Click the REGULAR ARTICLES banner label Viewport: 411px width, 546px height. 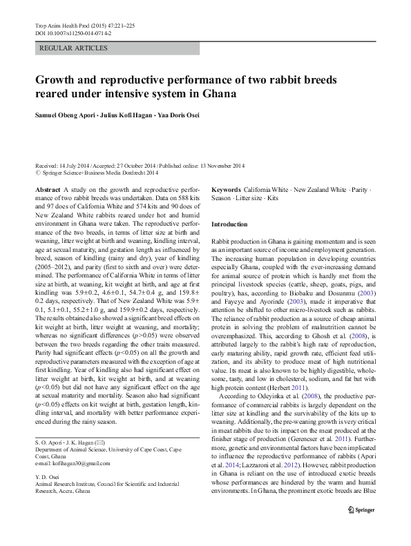click(x=74, y=48)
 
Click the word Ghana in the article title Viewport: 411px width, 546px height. click(x=216, y=93)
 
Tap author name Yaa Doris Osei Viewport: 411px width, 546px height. click(x=175, y=115)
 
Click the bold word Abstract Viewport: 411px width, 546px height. click(x=46, y=188)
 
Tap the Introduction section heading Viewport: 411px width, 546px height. click(x=229, y=224)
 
